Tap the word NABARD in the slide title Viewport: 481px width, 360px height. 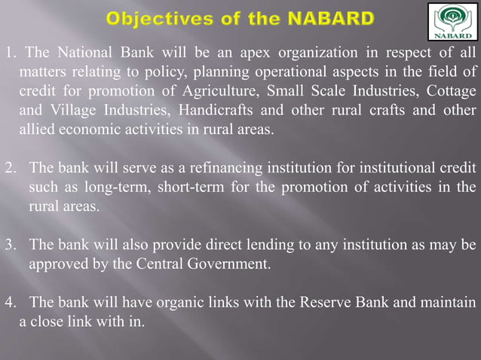tap(332, 17)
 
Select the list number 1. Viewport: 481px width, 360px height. tap(8, 53)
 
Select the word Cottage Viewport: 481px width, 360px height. tap(452, 91)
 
